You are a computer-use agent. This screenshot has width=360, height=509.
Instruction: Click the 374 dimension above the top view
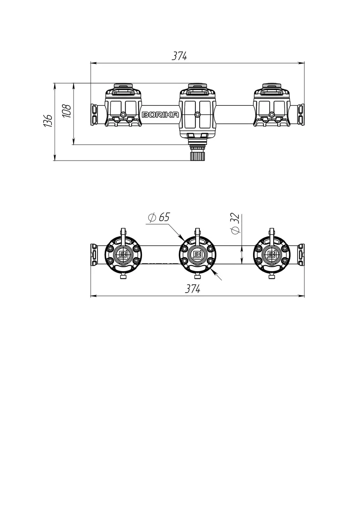179,56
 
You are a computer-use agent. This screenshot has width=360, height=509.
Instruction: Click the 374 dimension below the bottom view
193,289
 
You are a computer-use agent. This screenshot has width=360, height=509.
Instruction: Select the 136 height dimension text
49,120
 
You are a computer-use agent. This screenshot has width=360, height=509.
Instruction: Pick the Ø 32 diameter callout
235,224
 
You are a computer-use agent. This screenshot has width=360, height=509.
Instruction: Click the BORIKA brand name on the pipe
160,115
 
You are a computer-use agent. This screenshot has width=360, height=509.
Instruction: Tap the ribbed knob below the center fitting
197,153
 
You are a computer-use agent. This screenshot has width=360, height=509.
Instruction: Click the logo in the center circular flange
197,254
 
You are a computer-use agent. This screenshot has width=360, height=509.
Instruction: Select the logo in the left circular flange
123,254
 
